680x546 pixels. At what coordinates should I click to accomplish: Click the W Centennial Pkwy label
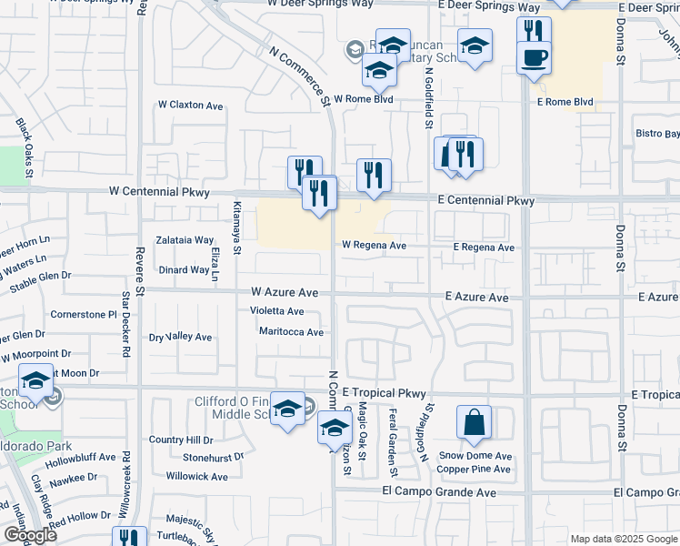tap(159, 192)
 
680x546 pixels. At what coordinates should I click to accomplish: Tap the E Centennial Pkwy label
tap(485, 200)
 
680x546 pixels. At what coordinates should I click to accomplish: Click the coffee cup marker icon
tap(534, 56)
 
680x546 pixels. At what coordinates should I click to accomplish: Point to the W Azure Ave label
tap(285, 293)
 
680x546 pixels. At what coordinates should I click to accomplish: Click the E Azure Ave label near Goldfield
tap(476, 298)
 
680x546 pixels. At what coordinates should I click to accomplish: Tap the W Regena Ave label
tap(374, 245)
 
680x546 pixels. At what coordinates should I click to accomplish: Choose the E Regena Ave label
tap(485, 248)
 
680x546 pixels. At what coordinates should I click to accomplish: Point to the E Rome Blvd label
tap(565, 102)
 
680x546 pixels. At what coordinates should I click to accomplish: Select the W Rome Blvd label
tap(363, 99)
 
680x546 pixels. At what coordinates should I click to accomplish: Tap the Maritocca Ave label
tap(291, 332)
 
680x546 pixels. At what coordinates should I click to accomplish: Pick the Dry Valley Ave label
tap(181, 337)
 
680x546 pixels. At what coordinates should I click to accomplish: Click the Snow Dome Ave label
tap(476, 456)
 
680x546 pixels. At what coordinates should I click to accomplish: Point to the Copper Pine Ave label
tap(474, 470)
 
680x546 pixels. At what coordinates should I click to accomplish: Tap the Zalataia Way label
tap(185, 240)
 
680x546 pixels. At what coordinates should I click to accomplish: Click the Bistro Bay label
tap(658, 134)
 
